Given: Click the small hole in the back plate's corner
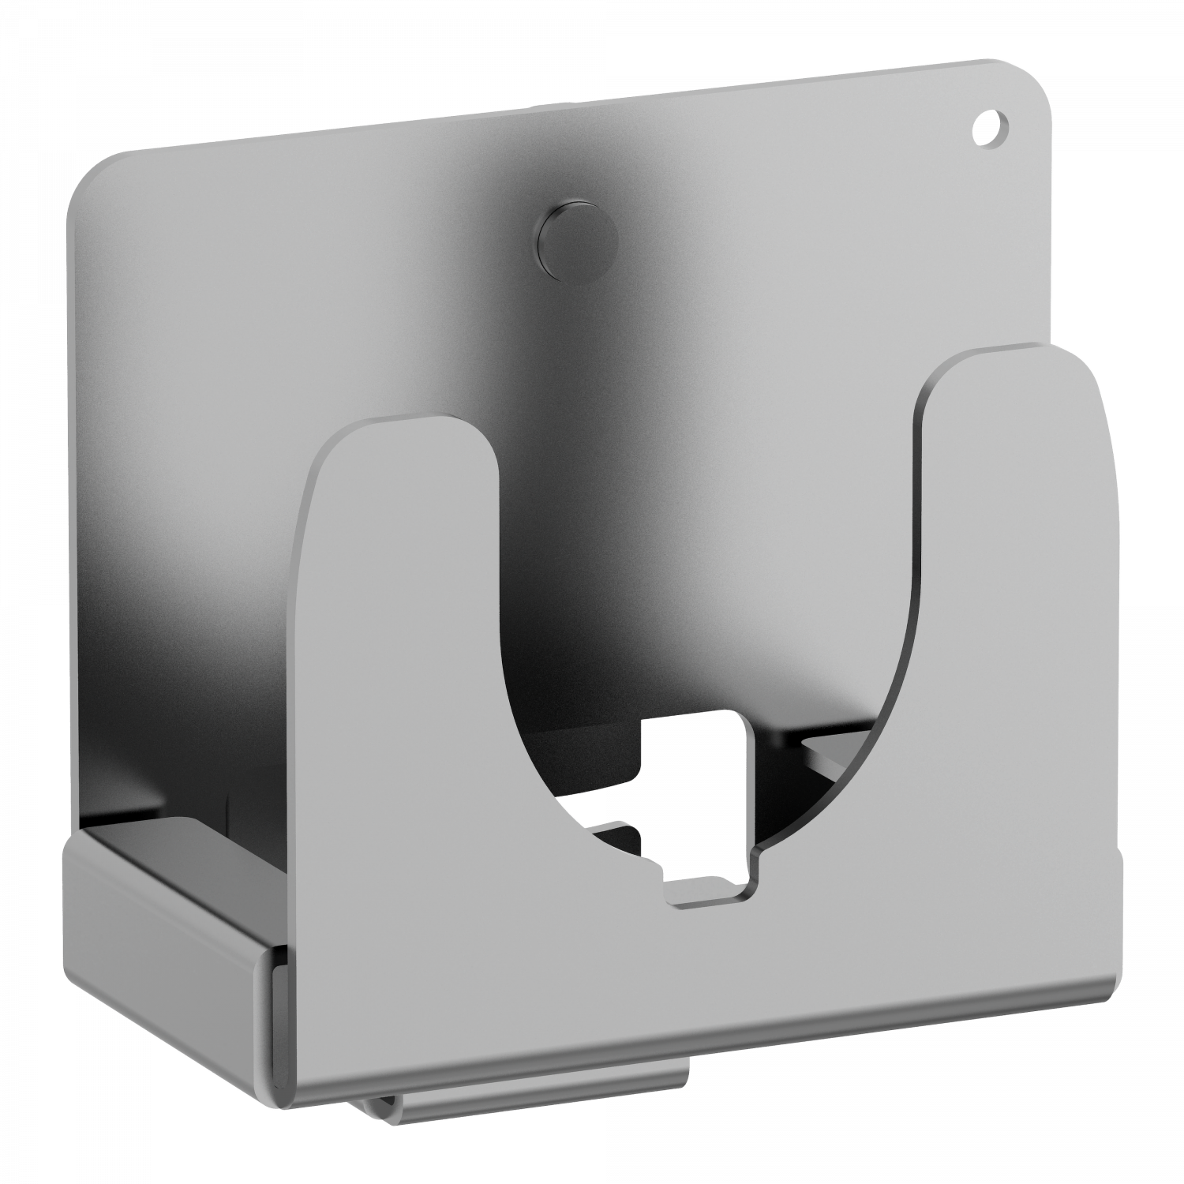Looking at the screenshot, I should (987, 126).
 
